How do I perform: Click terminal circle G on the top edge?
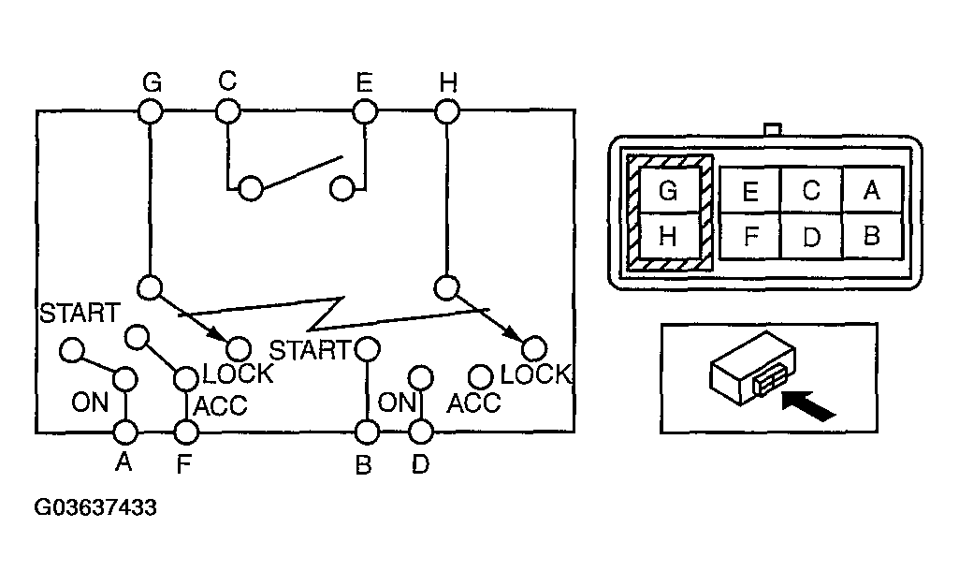click(150, 112)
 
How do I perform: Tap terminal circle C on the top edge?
click(228, 112)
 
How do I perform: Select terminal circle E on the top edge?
click(364, 112)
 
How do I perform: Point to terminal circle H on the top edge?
click(447, 112)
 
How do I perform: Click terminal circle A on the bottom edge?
click(124, 432)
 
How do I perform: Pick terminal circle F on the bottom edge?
click(186, 432)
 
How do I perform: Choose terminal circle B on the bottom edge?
click(366, 432)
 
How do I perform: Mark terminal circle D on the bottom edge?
click(421, 432)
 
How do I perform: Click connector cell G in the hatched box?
click(668, 191)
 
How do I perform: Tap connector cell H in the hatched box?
click(668, 237)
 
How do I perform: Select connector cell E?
click(749, 191)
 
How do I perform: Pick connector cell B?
click(872, 236)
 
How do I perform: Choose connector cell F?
click(749, 236)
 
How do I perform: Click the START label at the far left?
click(79, 313)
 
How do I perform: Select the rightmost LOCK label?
click(535, 374)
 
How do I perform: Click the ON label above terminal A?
click(90, 403)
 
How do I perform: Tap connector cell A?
click(872, 191)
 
